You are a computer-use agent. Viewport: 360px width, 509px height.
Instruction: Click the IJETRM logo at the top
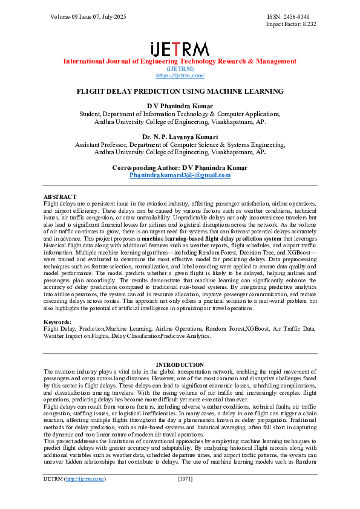(180, 49)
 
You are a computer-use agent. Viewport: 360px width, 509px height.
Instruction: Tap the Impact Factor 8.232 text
(291, 24)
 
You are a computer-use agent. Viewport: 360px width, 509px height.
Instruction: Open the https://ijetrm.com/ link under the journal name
(180, 76)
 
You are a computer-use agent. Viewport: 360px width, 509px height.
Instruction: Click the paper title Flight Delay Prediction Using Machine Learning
(180, 91)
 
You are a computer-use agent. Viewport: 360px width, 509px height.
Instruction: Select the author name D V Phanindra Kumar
(180, 106)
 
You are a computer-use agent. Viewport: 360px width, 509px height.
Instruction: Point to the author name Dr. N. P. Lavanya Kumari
(180, 137)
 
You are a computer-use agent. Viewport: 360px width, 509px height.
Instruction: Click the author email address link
(180, 175)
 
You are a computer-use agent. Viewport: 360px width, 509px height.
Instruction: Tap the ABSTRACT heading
(60, 197)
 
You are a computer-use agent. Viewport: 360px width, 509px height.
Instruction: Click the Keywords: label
(57, 322)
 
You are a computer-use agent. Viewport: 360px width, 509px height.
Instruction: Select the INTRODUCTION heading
(180, 365)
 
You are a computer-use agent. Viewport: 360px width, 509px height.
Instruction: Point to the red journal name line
(180, 62)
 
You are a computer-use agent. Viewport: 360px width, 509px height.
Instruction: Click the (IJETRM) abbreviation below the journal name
(180, 69)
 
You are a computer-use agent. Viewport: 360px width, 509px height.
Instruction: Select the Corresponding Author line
(180, 167)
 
